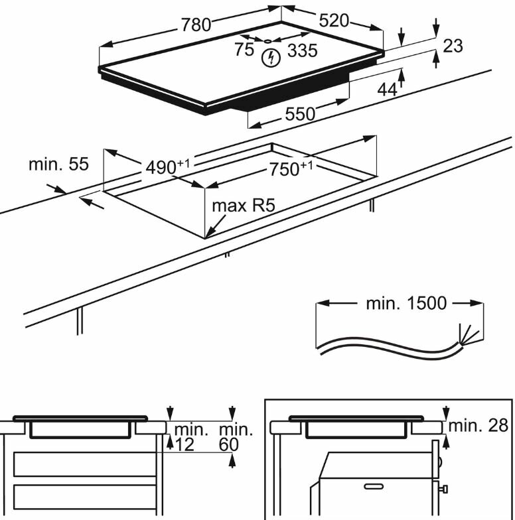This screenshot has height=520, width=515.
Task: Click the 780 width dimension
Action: pyautogui.click(x=196, y=25)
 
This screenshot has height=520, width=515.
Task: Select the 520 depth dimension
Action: pyautogui.click(x=334, y=21)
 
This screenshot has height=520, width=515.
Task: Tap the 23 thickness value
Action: pyautogui.click(x=453, y=45)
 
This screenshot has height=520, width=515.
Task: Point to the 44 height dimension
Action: pyautogui.click(x=387, y=90)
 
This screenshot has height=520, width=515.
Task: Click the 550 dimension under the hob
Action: pyautogui.click(x=300, y=113)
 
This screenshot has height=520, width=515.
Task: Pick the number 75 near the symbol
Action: pyautogui.click(x=244, y=50)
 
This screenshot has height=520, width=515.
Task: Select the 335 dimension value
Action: pyautogui.click(x=302, y=50)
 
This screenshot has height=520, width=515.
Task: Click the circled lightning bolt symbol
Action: pyautogui.click(x=269, y=58)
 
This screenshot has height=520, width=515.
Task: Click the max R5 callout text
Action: pyautogui.click(x=243, y=205)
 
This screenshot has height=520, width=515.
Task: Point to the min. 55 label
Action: pyautogui.click(x=58, y=164)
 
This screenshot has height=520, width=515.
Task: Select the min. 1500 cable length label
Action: pyautogui.click(x=405, y=304)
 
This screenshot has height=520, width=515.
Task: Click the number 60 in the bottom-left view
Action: pyautogui.click(x=229, y=445)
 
